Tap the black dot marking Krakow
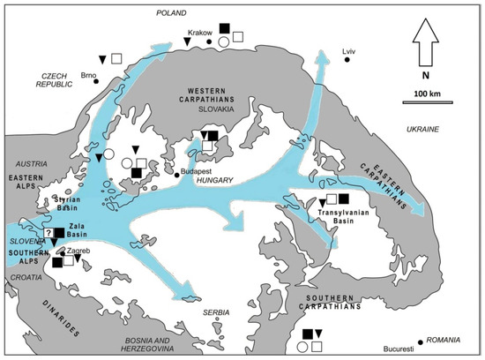tap(209, 41)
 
